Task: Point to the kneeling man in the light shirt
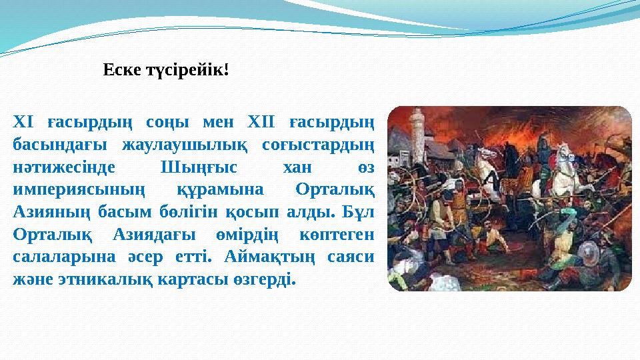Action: click(x=487, y=247)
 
